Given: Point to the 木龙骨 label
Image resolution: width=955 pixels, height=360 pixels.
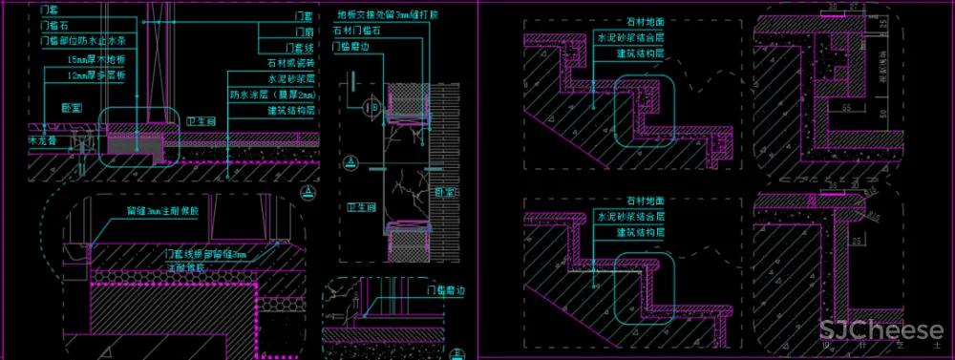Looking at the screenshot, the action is pyautogui.click(x=18, y=140).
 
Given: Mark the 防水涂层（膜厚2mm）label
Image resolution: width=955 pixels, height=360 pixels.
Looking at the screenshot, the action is pyautogui.click(x=273, y=95).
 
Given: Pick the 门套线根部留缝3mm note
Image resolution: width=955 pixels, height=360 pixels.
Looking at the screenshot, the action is pyautogui.click(x=205, y=255).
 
